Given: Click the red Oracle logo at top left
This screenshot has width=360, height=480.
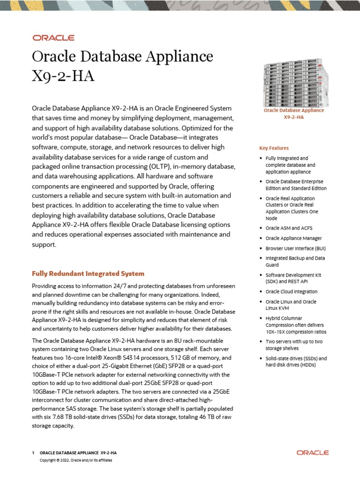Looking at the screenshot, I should (53, 37).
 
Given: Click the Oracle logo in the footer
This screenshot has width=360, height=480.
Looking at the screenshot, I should (313, 453).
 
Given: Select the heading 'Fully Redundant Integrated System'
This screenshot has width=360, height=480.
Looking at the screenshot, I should (88, 273).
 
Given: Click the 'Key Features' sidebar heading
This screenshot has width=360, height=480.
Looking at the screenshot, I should (274, 148).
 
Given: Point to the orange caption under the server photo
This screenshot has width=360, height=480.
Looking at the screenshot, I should (293, 114).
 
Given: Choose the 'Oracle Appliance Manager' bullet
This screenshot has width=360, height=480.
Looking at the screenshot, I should (293, 238).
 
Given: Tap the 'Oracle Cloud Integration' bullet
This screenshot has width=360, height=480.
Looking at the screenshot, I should (291, 292).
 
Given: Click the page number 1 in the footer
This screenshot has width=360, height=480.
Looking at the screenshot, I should (33, 453).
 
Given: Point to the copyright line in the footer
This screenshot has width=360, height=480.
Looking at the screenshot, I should (76, 460).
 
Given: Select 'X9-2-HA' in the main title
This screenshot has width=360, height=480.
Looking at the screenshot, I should (63, 76).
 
